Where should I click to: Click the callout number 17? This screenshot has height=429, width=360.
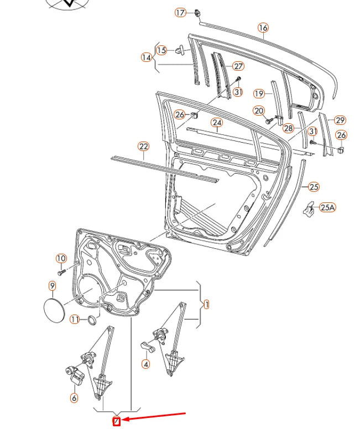point(181,13)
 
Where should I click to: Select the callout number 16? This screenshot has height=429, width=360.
point(263,27)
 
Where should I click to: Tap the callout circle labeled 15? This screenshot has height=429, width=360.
point(161,50)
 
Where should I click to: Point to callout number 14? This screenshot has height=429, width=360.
point(146,57)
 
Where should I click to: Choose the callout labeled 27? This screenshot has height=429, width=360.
point(238,66)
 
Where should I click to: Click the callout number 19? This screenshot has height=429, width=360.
point(259,93)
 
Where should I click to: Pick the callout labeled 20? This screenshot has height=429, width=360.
point(259,111)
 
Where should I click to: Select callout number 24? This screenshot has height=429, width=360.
point(217,123)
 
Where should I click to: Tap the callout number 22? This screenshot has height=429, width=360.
point(144,147)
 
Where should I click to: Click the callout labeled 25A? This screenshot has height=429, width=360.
point(327,207)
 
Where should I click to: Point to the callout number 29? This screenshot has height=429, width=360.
point(340,120)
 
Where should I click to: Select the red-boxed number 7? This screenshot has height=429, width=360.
point(117,422)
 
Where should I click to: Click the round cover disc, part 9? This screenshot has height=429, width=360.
point(54,308)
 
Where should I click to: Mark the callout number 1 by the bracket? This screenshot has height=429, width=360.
point(206,304)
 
